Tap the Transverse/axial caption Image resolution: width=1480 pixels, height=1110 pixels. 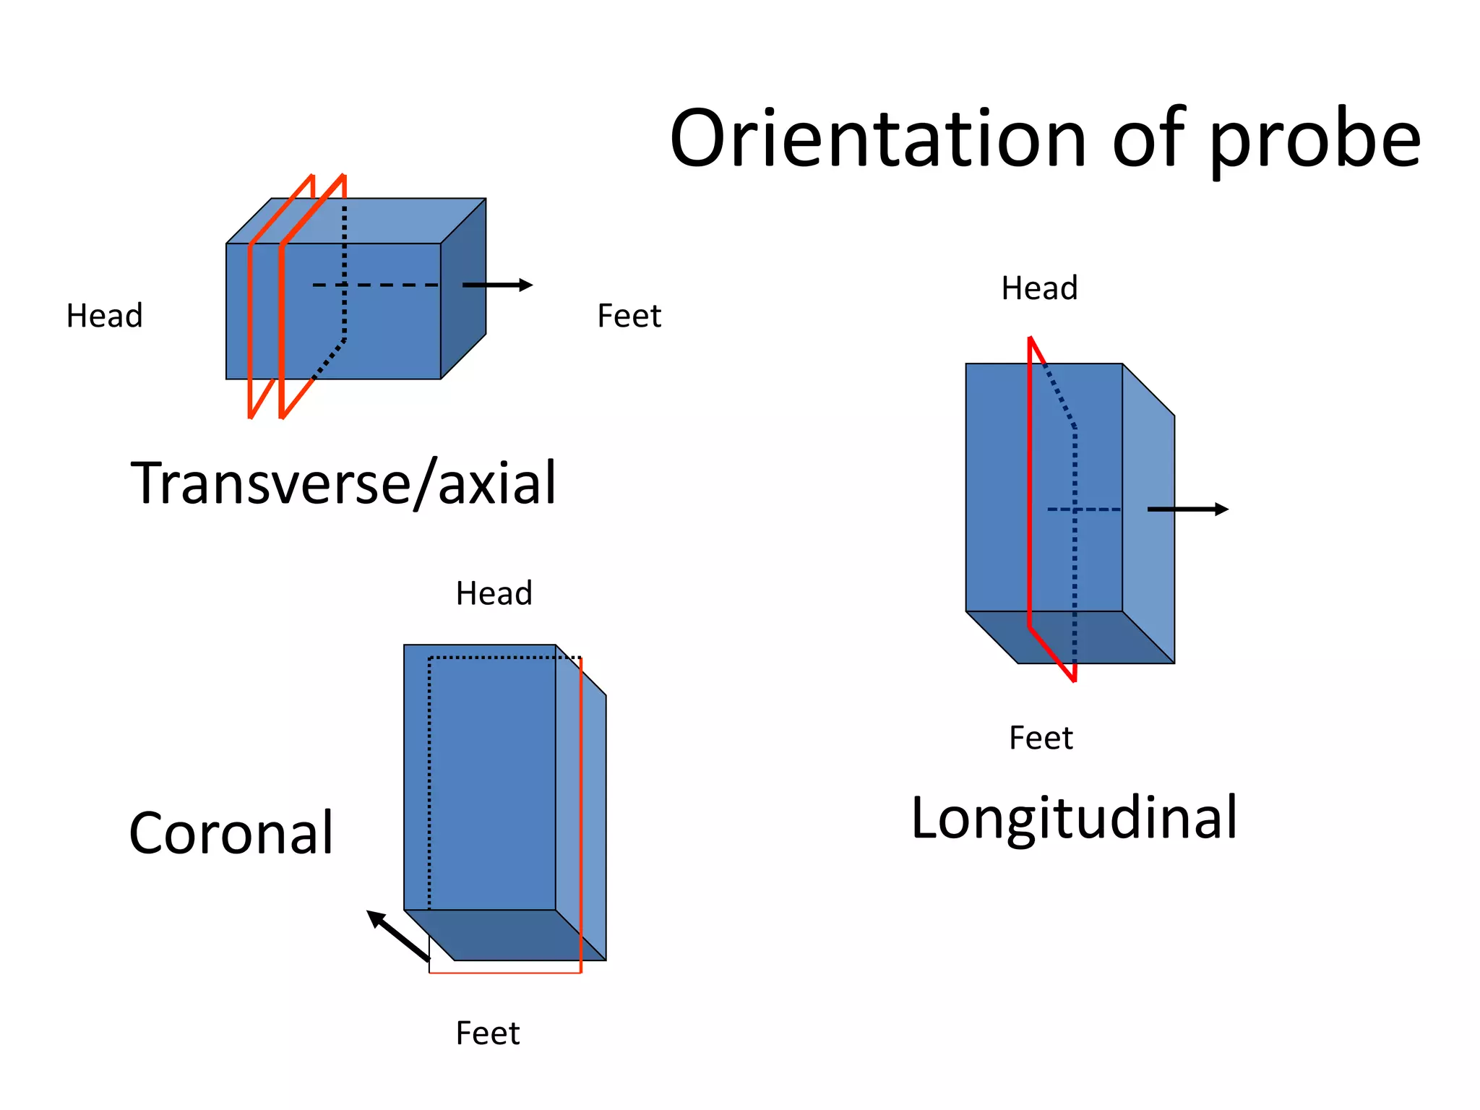[x=343, y=483]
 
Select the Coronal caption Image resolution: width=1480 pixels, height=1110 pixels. [x=231, y=832]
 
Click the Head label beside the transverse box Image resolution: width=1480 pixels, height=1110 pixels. [x=105, y=316]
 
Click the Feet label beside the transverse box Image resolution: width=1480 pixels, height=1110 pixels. [x=629, y=316]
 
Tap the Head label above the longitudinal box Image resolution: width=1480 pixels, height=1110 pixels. [x=1039, y=288]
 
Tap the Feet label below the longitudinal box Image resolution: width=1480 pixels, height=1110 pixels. [x=1041, y=738]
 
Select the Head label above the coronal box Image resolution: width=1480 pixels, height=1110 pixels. [x=494, y=593]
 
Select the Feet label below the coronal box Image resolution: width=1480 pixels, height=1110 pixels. [x=487, y=1033]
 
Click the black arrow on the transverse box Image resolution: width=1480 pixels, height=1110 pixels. [x=497, y=285]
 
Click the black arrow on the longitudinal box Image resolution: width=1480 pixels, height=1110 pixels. [x=1188, y=509]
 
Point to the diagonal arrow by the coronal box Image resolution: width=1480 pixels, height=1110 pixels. [x=398, y=936]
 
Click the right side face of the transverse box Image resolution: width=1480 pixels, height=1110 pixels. [x=463, y=288]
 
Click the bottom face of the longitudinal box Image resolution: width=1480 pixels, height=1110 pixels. [x=1070, y=637]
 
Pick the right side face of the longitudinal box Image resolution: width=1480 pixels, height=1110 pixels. [x=1148, y=513]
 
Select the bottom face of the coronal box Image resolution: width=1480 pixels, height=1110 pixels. [x=504, y=935]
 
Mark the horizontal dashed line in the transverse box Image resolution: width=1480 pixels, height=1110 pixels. [x=376, y=285]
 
